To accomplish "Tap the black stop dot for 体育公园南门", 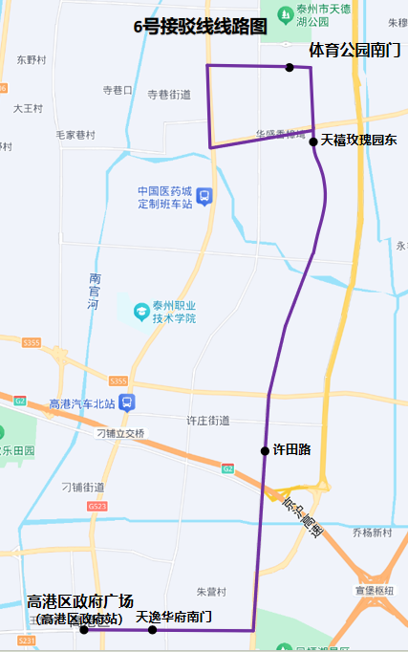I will [290, 67].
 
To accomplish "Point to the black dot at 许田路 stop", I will [265, 450].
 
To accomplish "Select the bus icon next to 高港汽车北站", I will [128, 402].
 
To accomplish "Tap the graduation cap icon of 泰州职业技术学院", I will [141, 311].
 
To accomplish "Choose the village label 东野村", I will [31, 59].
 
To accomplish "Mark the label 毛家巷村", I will [75, 134].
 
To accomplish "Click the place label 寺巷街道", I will [169, 95].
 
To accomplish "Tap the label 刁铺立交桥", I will [120, 433].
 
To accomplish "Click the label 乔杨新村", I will [372, 532].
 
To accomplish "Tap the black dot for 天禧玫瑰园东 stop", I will [313, 141].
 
